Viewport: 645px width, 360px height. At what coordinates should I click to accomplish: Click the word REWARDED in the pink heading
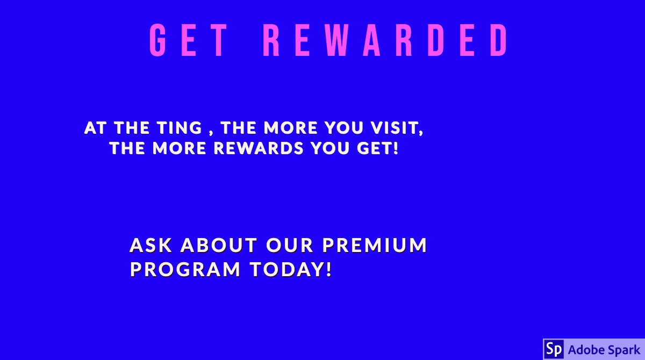tap(385, 41)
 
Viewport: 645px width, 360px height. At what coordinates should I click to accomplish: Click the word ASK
tap(151, 246)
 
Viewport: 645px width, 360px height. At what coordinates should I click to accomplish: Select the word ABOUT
tap(219, 246)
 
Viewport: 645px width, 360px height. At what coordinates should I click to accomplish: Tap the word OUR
tap(290, 246)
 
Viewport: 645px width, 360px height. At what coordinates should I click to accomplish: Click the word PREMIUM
tap(375, 246)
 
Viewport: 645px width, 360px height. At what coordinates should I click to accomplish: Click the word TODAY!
tap(290, 269)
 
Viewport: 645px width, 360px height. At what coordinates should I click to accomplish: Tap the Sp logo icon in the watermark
tap(554, 349)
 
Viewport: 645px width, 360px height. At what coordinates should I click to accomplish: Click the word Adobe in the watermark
tap(585, 349)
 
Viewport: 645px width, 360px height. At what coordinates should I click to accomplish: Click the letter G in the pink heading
tap(157, 41)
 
